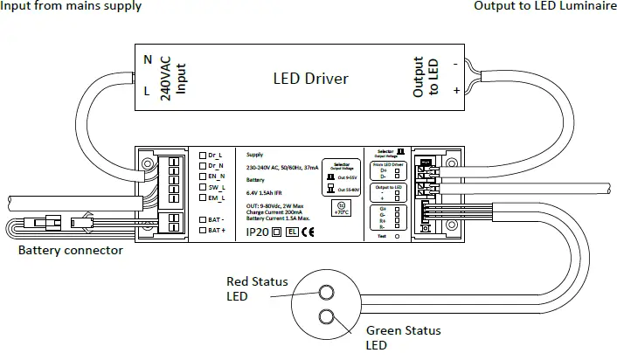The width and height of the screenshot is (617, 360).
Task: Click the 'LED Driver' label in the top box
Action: point(311,79)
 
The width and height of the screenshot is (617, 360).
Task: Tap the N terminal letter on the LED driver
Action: point(148,59)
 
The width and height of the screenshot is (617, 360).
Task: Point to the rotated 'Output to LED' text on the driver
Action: point(425,79)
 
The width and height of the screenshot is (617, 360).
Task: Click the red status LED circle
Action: point(327,294)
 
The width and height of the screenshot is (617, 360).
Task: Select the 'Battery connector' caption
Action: point(71,251)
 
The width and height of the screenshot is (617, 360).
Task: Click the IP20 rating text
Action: point(257,232)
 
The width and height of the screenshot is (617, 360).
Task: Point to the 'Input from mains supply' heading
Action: point(72,7)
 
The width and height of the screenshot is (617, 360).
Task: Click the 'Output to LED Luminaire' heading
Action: point(544,7)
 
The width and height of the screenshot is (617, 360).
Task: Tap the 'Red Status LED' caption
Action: point(250,289)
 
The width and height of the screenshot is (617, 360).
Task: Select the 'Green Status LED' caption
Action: point(402,338)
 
